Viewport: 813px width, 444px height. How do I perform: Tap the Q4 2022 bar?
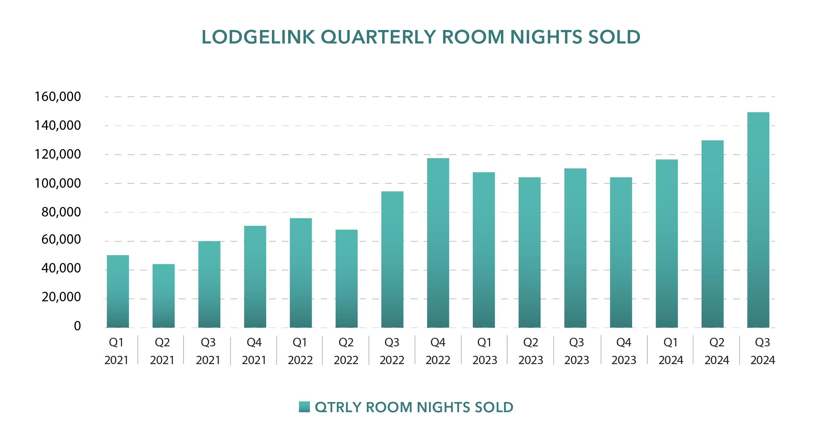pyautogui.click(x=438, y=243)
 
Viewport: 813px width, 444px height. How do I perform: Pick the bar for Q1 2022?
pyautogui.click(x=301, y=273)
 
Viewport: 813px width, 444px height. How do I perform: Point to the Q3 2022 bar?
pyautogui.click(x=392, y=259)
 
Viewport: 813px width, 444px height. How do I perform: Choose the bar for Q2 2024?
pyautogui.click(x=712, y=234)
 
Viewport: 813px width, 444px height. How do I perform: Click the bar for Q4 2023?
pyautogui.click(x=621, y=252)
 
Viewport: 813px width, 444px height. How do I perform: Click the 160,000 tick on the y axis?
pyautogui.click(x=58, y=96)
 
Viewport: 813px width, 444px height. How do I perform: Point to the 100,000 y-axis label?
pyautogui.click(x=58, y=183)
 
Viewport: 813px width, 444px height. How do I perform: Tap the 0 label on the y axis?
pyautogui.click(x=77, y=326)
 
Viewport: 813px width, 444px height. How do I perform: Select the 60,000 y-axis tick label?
pyautogui.click(x=61, y=239)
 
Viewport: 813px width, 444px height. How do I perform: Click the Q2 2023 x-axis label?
pyautogui.click(x=531, y=351)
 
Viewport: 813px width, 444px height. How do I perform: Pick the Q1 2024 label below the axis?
pyautogui.click(x=671, y=351)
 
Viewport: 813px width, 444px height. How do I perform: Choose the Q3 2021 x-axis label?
pyautogui.click(x=208, y=351)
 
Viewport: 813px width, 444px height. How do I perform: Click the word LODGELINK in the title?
pyautogui.click(x=258, y=37)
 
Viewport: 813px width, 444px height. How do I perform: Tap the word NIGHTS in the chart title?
pyautogui.click(x=546, y=37)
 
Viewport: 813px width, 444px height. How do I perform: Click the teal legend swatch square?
pyautogui.click(x=304, y=407)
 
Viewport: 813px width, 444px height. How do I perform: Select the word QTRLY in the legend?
pyautogui.click(x=337, y=407)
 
